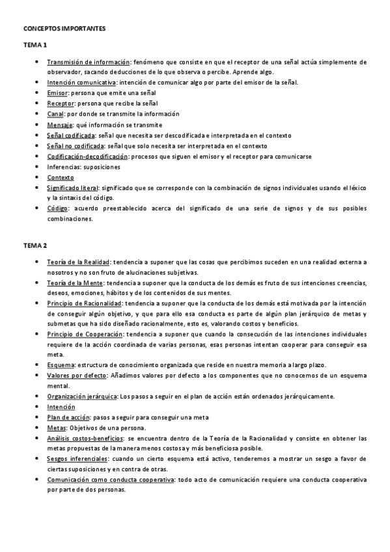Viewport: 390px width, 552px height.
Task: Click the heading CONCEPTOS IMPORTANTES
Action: (64, 29)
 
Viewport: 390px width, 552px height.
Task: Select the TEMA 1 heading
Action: (36, 45)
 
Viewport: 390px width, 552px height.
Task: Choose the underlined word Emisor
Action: (57, 93)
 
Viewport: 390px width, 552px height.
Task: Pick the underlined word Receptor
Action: (61, 103)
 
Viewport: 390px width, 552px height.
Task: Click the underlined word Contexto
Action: (61, 177)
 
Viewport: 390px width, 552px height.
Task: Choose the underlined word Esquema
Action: (61, 365)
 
